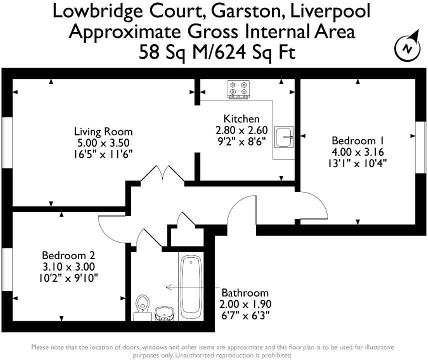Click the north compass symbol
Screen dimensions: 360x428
(407, 48)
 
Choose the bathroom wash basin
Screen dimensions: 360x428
(164, 313)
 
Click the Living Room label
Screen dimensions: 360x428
(103, 132)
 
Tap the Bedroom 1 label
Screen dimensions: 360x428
(356, 140)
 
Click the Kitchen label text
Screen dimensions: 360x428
(241, 119)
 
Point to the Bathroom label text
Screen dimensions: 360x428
(245, 293)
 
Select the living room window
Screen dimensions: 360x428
(6, 142)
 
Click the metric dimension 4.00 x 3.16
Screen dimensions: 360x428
(357, 151)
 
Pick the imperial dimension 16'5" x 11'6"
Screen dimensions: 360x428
(103, 153)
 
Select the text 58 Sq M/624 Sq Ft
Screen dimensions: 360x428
(213, 51)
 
